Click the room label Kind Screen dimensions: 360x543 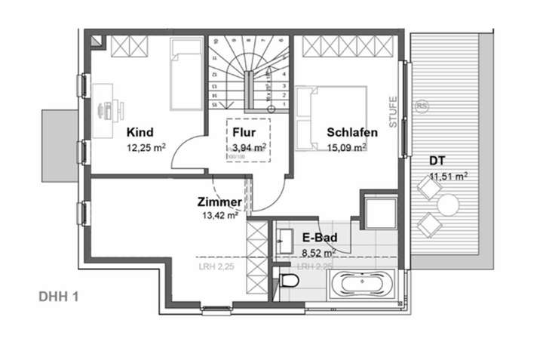click(x=140, y=131)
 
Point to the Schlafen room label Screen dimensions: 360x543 click(x=352, y=132)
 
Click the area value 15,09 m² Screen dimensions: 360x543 click(x=352, y=148)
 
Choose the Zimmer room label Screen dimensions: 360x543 click(x=219, y=202)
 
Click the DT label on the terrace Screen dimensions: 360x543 click(x=437, y=160)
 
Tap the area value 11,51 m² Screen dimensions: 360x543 click(x=448, y=176)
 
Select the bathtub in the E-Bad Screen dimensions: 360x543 click(x=365, y=286)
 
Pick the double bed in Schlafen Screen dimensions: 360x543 click(x=330, y=118)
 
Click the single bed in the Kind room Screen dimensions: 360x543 click(x=184, y=75)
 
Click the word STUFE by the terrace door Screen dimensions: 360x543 click(x=393, y=110)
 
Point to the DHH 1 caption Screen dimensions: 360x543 click(x=59, y=296)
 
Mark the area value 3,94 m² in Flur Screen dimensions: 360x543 click(x=248, y=147)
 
